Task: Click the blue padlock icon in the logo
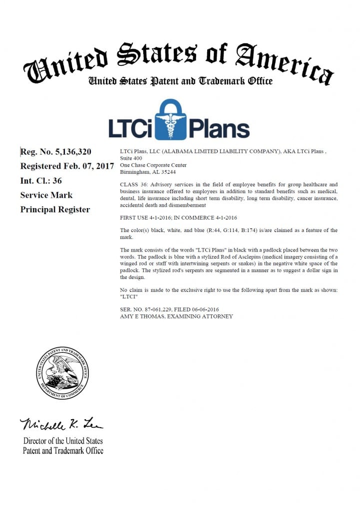tap(170, 120)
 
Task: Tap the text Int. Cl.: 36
tap(41, 181)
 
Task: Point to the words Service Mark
tap(46, 195)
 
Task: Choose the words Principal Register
tap(55, 210)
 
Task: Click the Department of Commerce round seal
tap(62, 373)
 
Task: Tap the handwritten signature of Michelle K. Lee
tap(61, 424)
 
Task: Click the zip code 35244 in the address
tap(166, 171)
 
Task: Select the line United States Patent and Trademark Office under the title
tap(180, 81)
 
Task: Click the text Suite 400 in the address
tap(131, 158)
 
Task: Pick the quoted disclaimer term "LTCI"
tap(129, 296)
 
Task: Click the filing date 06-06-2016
tap(204, 310)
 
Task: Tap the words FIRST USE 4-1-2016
tap(145, 218)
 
